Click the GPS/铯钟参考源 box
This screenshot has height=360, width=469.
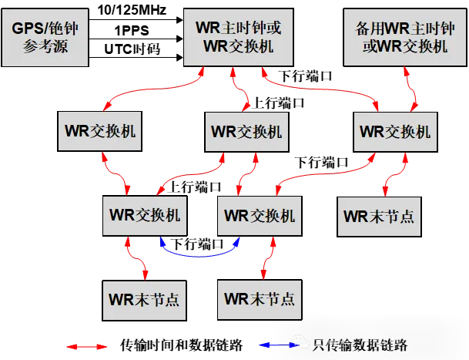(x=45, y=37)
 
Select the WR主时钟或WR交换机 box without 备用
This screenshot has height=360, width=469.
(x=238, y=37)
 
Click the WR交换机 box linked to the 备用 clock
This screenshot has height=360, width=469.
(x=394, y=131)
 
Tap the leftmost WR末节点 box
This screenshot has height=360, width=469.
(x=144, y=299)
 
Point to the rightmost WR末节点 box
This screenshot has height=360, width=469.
(x=379, y=216)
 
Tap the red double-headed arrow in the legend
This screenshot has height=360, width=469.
(x=87, y=346)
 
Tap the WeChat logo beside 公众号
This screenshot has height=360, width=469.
(x=302, y=341)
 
